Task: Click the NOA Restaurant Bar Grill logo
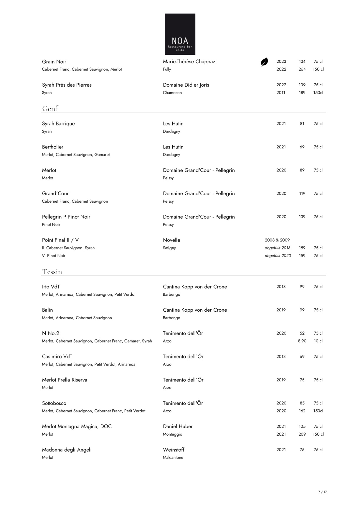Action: point(180,34)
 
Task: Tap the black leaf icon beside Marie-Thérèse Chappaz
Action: point(264,62)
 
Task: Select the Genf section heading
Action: point(50,109)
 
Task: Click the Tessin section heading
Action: point(52,272)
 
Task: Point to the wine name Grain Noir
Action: point(54,62)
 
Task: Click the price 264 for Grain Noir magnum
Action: point(302,69)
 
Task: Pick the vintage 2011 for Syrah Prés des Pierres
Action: point(281,92)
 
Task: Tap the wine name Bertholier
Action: point(52,147)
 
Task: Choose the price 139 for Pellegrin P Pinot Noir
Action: point(302,217)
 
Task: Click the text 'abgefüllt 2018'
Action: point(278,248)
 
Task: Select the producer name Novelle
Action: point(171,240)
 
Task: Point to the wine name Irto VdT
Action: point(51,287)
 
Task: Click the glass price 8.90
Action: point(302,341)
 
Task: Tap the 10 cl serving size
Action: point(318,341)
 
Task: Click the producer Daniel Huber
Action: point(178,426)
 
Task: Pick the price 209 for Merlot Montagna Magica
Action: point(302,434)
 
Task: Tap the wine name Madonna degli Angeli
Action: point(67,449)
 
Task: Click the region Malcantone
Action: point(173,457)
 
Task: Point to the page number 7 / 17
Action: point(323,492)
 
